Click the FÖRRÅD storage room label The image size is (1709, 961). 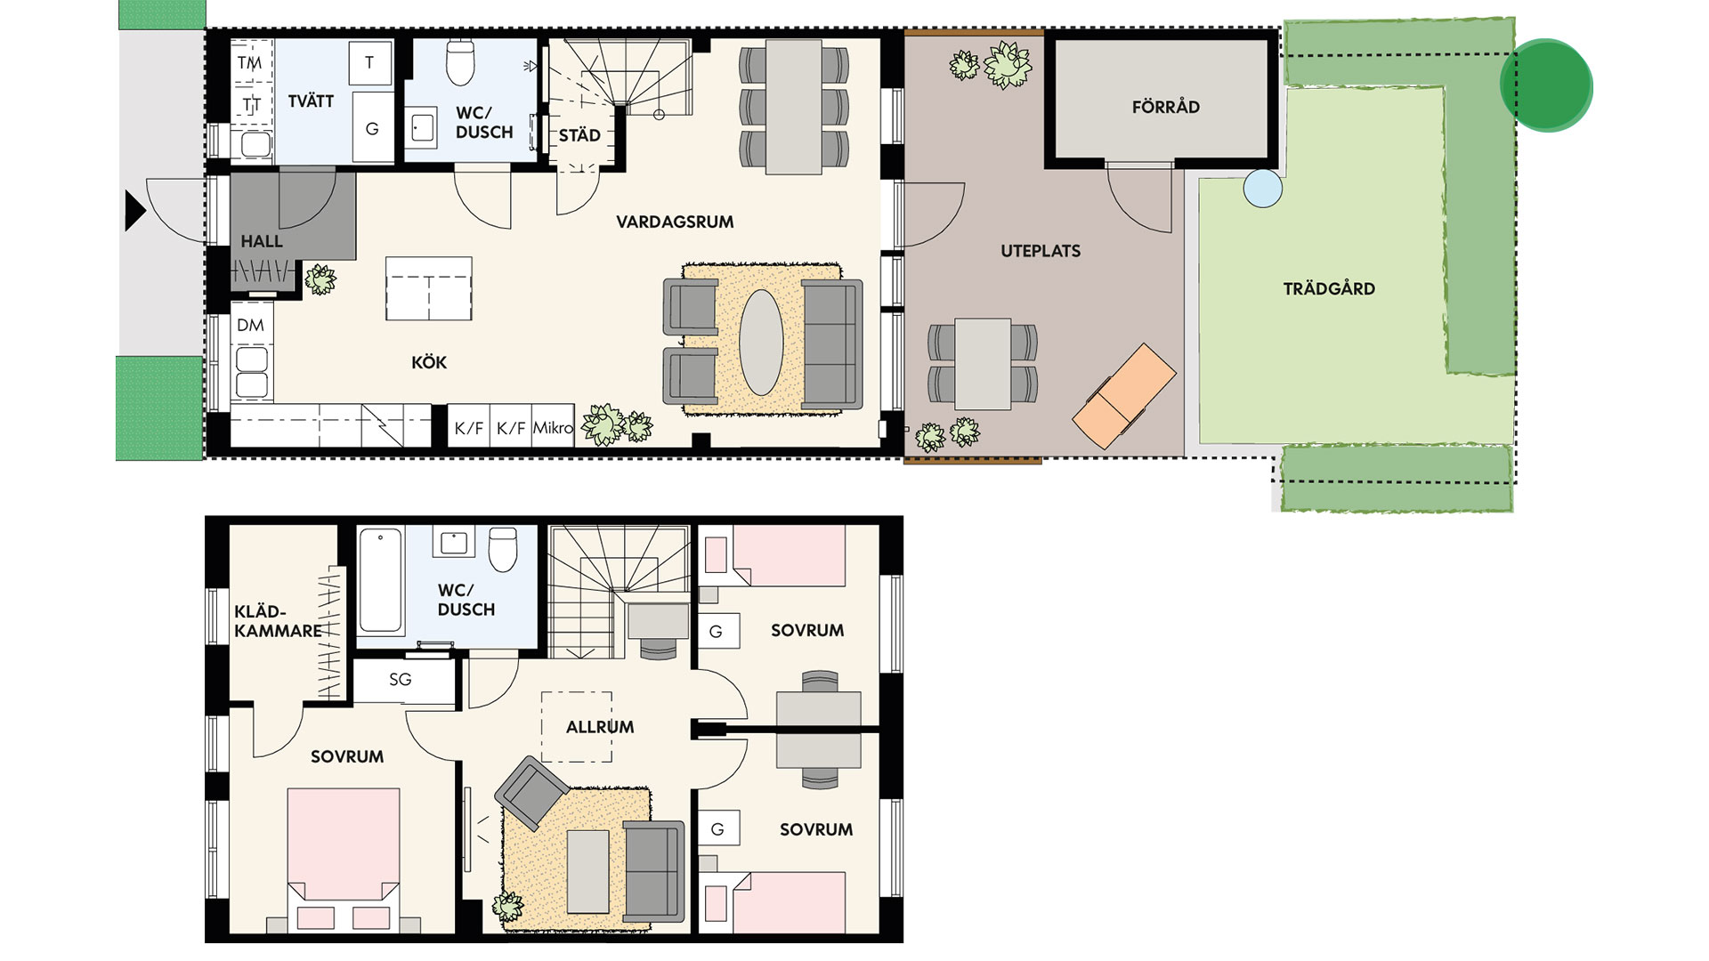coord(1165,107)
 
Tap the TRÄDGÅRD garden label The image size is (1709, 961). coord(1329,288)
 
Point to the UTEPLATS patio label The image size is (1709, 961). coord(1041,251)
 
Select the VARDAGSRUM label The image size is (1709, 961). coord(675,222)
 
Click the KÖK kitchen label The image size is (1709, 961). coord(429,362)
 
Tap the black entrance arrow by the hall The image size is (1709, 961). coord(134,212)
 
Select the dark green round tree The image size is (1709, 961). coord(1546,85)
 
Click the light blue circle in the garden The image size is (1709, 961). coord(1263,189)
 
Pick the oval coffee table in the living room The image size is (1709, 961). coord(762,343)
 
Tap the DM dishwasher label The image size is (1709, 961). coord(250,326)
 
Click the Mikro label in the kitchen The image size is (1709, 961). coord(553,428)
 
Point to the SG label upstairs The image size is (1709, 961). coord(401,680)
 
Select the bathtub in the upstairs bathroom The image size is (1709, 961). coord(382,580)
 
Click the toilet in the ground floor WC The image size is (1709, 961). coord(460,61)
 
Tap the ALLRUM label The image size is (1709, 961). coord(600,727)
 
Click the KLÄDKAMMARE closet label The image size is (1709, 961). coord(278,621)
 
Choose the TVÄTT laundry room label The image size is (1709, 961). coord(311,101)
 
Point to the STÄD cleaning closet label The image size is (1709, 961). coord(579,135)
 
